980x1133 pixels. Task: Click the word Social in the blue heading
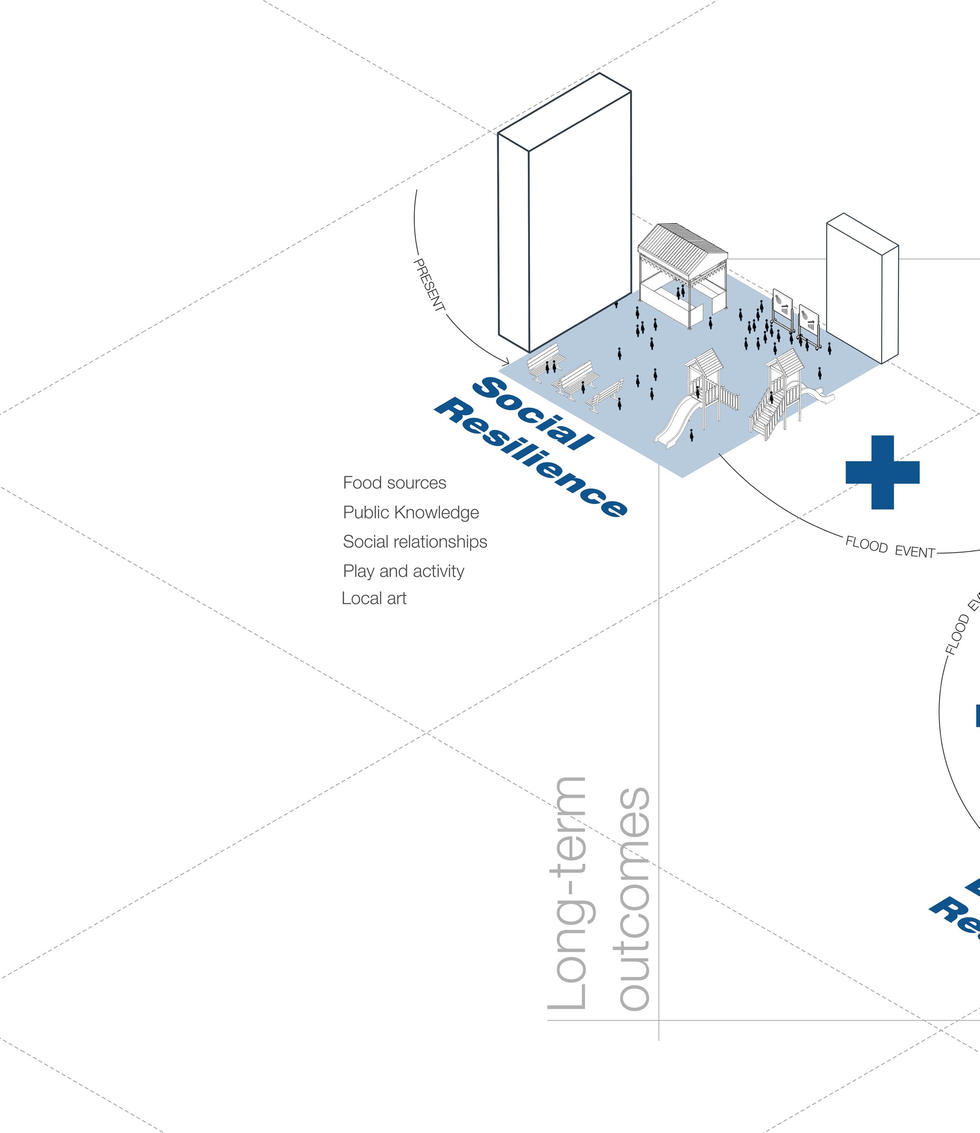tap(533, 413)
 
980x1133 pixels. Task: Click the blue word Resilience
tap(531, 457)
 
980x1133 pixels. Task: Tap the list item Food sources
tap(394, 483)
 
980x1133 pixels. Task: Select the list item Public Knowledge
tap(411, 512)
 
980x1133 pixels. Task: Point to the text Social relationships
tap(414, 542)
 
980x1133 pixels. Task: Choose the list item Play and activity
tap(403, 571)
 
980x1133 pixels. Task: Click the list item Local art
tap(374, 598)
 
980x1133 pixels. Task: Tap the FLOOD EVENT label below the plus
tap(890, 548)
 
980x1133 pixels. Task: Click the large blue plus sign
tap(882, 472)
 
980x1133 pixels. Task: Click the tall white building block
tap(566, 219)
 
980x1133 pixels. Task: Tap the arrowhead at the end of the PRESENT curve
tap(506, 362)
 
